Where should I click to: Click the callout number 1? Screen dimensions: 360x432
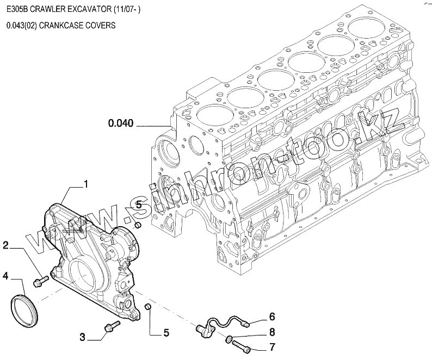(x=85, y=185)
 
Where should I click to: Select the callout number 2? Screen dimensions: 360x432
(x=5, y=245)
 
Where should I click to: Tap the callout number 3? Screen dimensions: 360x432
(x=83, y=337)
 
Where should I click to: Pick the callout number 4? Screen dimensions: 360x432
(x=5, y=276)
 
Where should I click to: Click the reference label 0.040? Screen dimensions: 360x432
(x=121, y=123)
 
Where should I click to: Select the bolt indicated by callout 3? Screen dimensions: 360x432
(x=111, y=327)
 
